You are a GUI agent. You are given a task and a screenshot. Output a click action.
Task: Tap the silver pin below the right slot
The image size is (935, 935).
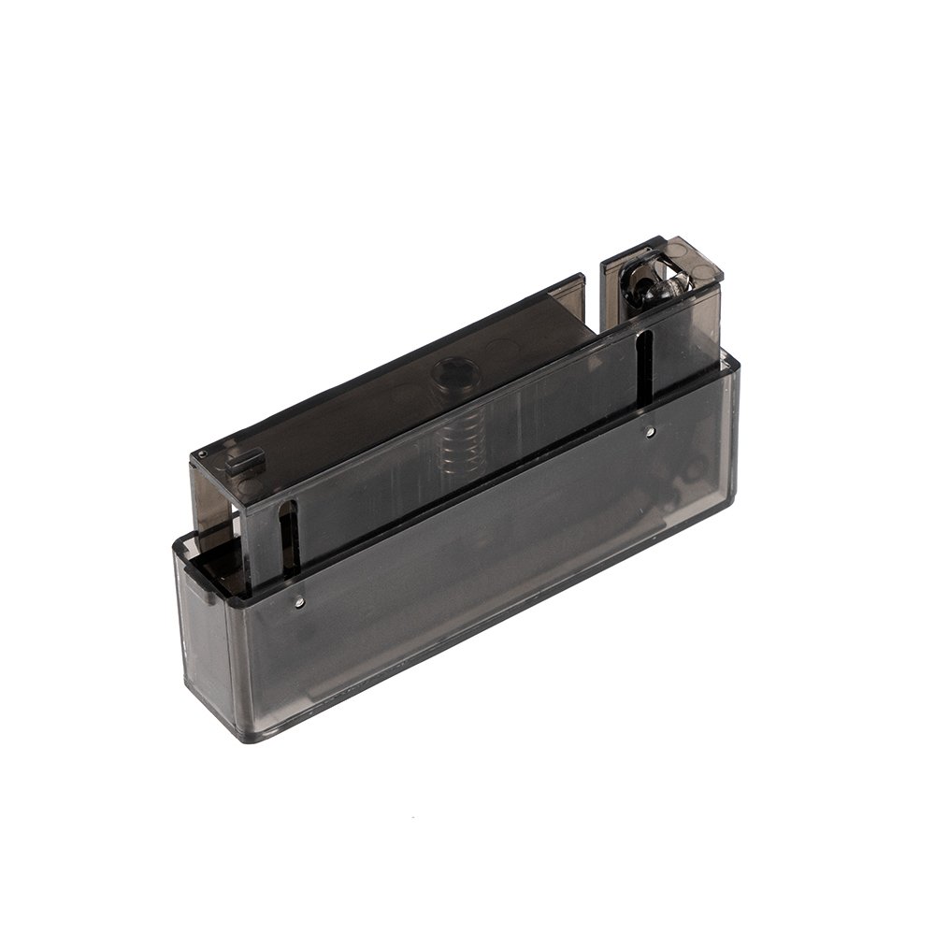[x=650, y=432]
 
